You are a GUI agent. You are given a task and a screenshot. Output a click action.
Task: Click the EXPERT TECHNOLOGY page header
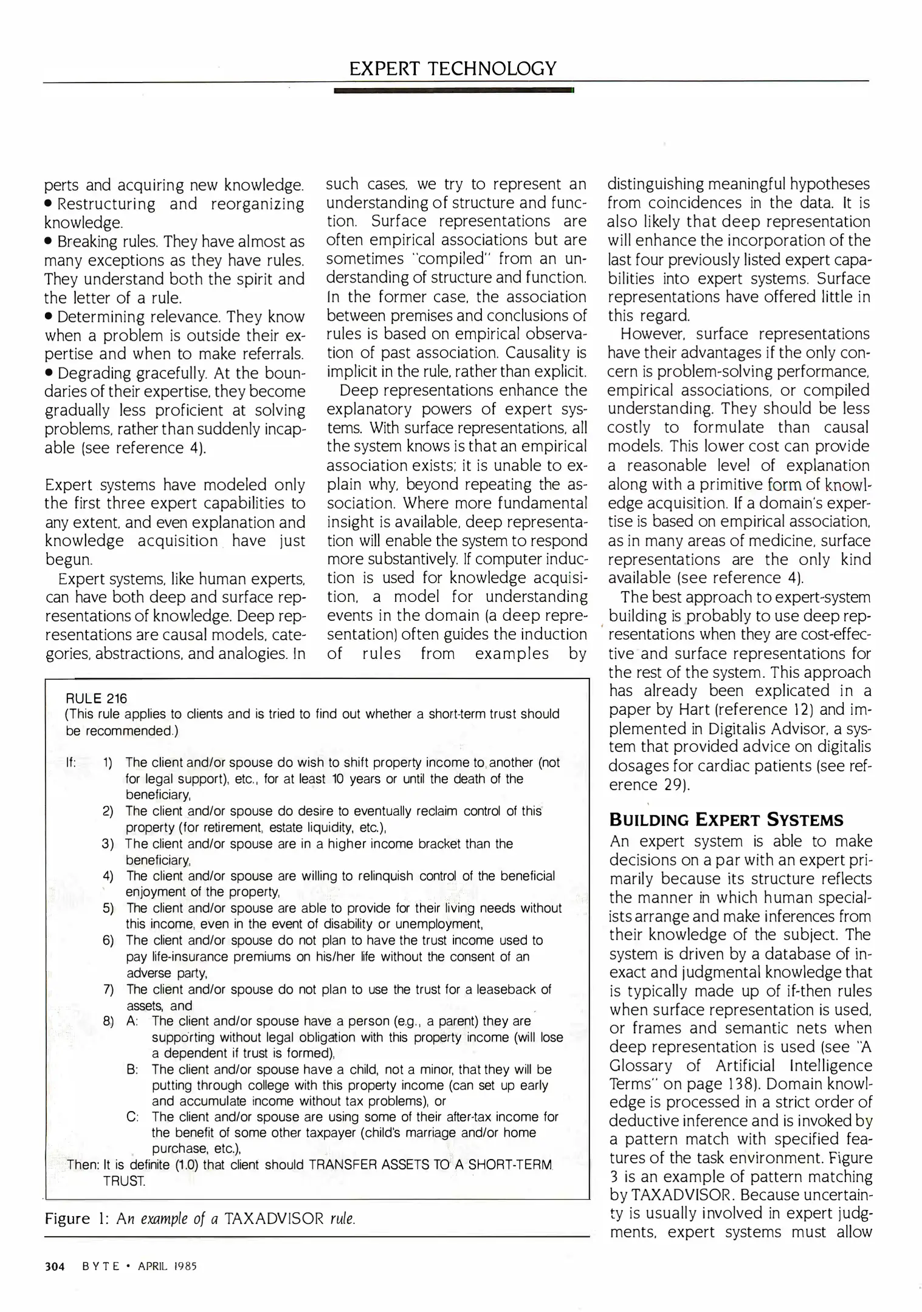tap(453, 68)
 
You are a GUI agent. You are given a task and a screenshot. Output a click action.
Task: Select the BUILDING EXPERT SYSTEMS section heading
tap(726, 821)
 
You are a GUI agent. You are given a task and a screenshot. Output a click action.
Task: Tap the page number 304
tap(55, 1266)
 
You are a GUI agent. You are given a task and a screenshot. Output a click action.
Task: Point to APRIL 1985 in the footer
tap(167, 1266)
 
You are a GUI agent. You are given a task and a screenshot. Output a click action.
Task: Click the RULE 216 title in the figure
tap(97, 699)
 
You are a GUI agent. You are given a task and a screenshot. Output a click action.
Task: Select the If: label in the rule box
tap(71, 763)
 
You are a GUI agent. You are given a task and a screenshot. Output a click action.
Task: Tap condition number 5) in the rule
tap(108, 908)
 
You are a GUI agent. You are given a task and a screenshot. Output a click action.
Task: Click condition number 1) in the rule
tap(108, 763)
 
